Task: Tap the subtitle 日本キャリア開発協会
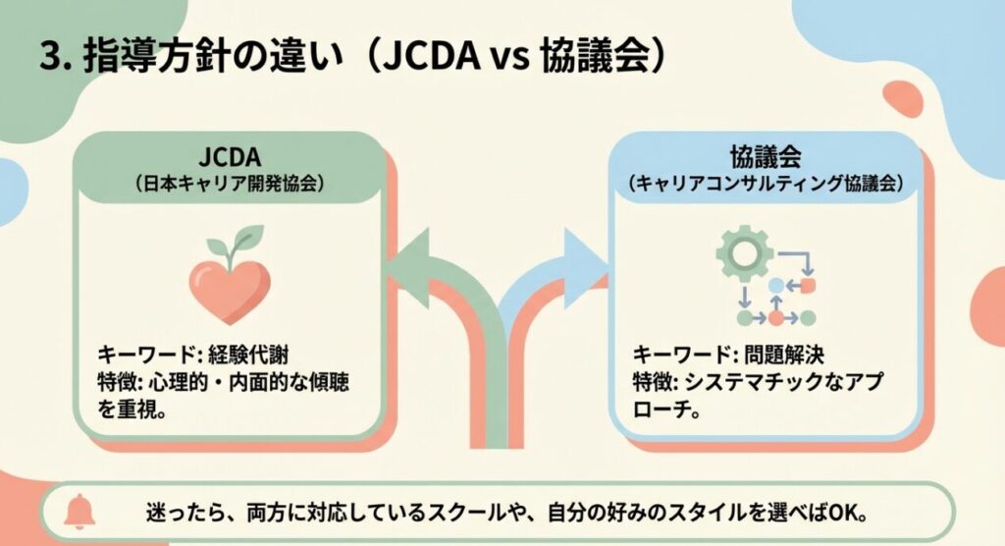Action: click(229, 183)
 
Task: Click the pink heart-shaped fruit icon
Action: click(229, 290)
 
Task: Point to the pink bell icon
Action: click(78, 513)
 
